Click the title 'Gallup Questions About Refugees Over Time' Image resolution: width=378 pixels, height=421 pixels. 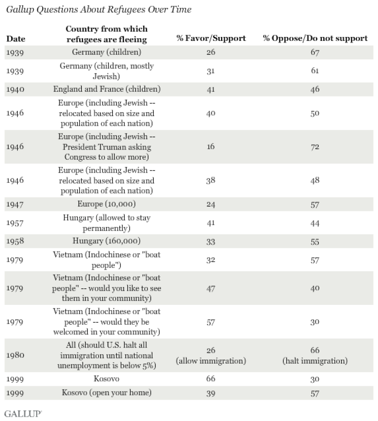98,10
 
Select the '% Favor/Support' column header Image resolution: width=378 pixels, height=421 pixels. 211,38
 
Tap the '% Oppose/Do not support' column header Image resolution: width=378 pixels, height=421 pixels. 315,38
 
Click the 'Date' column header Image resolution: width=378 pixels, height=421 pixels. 16,39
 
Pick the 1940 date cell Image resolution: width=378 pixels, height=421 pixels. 16,89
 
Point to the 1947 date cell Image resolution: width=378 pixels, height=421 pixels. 16,206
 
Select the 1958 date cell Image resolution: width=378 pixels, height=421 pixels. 16,242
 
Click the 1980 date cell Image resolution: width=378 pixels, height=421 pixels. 16,356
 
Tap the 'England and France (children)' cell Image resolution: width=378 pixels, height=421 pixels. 107,89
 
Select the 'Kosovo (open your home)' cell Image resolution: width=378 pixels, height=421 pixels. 107,393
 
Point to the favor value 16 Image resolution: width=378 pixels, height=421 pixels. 211,147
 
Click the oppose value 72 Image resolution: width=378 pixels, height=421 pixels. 315,147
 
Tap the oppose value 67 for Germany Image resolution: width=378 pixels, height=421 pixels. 315,52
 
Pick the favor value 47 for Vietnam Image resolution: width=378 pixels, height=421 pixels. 211,288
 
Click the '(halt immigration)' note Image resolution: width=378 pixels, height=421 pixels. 315,360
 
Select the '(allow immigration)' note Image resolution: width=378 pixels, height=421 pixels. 211,360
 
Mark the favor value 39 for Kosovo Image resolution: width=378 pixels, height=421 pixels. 211,393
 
